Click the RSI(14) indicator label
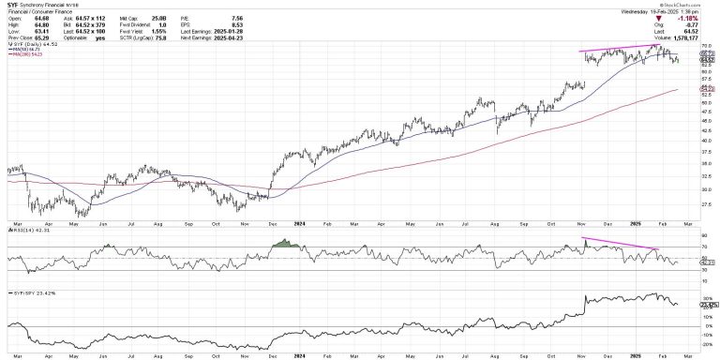coord(23,227)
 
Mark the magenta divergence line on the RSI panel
coord(619,246)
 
